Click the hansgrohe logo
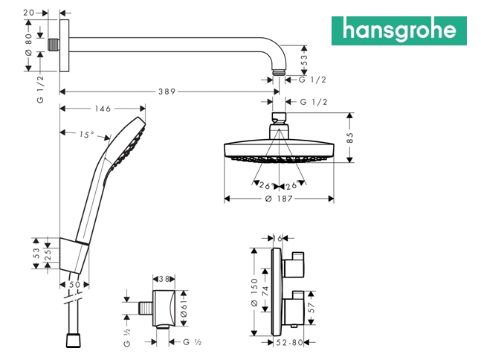[x=398, y=30]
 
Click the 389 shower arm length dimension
[x=167, y=91]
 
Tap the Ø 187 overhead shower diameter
[x=279, y=199]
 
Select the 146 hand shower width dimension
[x=103, y=109]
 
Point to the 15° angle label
[x=87, y=135]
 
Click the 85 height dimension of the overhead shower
[x=350, y=138]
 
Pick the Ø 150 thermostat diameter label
[x=254, y=292]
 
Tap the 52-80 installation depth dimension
[x=289, y=342]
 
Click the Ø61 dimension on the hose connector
[x=184, y=308]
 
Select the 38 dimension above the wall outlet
[x=164, y=279]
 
